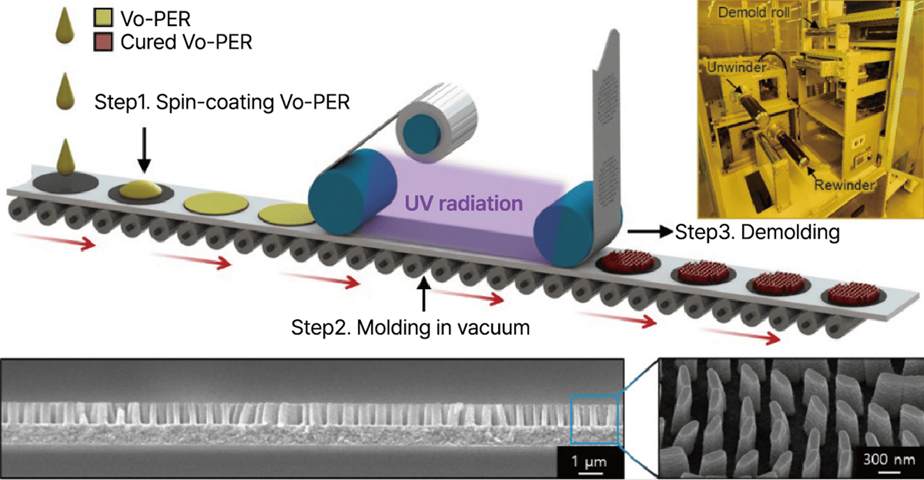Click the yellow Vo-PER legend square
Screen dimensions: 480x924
click(x=103, y=18)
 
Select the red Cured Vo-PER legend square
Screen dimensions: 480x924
click(x=103, y=42)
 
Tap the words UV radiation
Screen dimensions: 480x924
click(x=463, y=204)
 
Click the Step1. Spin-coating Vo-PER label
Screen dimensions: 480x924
click(x=222, y=102)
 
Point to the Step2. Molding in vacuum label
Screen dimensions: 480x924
click(x=410, y=328)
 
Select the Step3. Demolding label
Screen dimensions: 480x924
click(x=757, y=232)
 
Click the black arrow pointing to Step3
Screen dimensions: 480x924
click(x=650, y=232)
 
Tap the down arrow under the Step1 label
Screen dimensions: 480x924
click(x=144, y=149)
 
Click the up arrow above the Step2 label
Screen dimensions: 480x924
click(x=424, y=294)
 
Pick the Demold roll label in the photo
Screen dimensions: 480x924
click(x=753, y=12)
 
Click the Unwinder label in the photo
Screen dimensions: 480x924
click(x=736, y=67)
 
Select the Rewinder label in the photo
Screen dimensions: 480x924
click(x=844, y=185)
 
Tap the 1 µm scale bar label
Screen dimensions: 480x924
click(x=589, y=462)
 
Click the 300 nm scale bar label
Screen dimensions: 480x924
click(x=889, y=459)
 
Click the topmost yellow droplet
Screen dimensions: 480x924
click(x=65, y=26)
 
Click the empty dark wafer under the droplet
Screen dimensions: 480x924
click(x=65, y=183)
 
